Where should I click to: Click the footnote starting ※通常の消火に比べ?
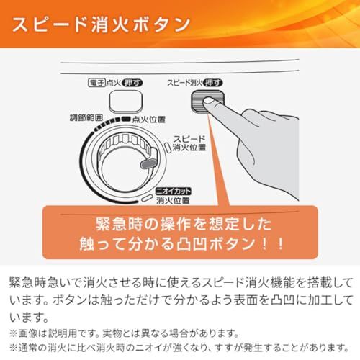[180, 348]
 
